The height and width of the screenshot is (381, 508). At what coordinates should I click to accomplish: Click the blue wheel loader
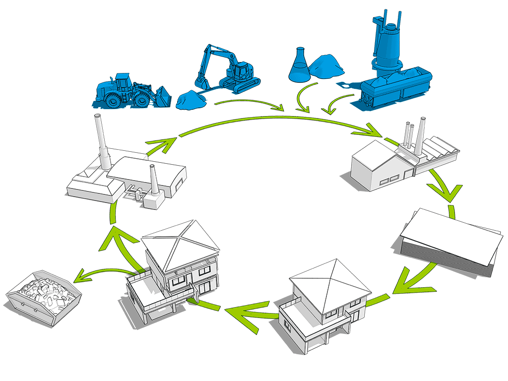(x=127, y=91)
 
